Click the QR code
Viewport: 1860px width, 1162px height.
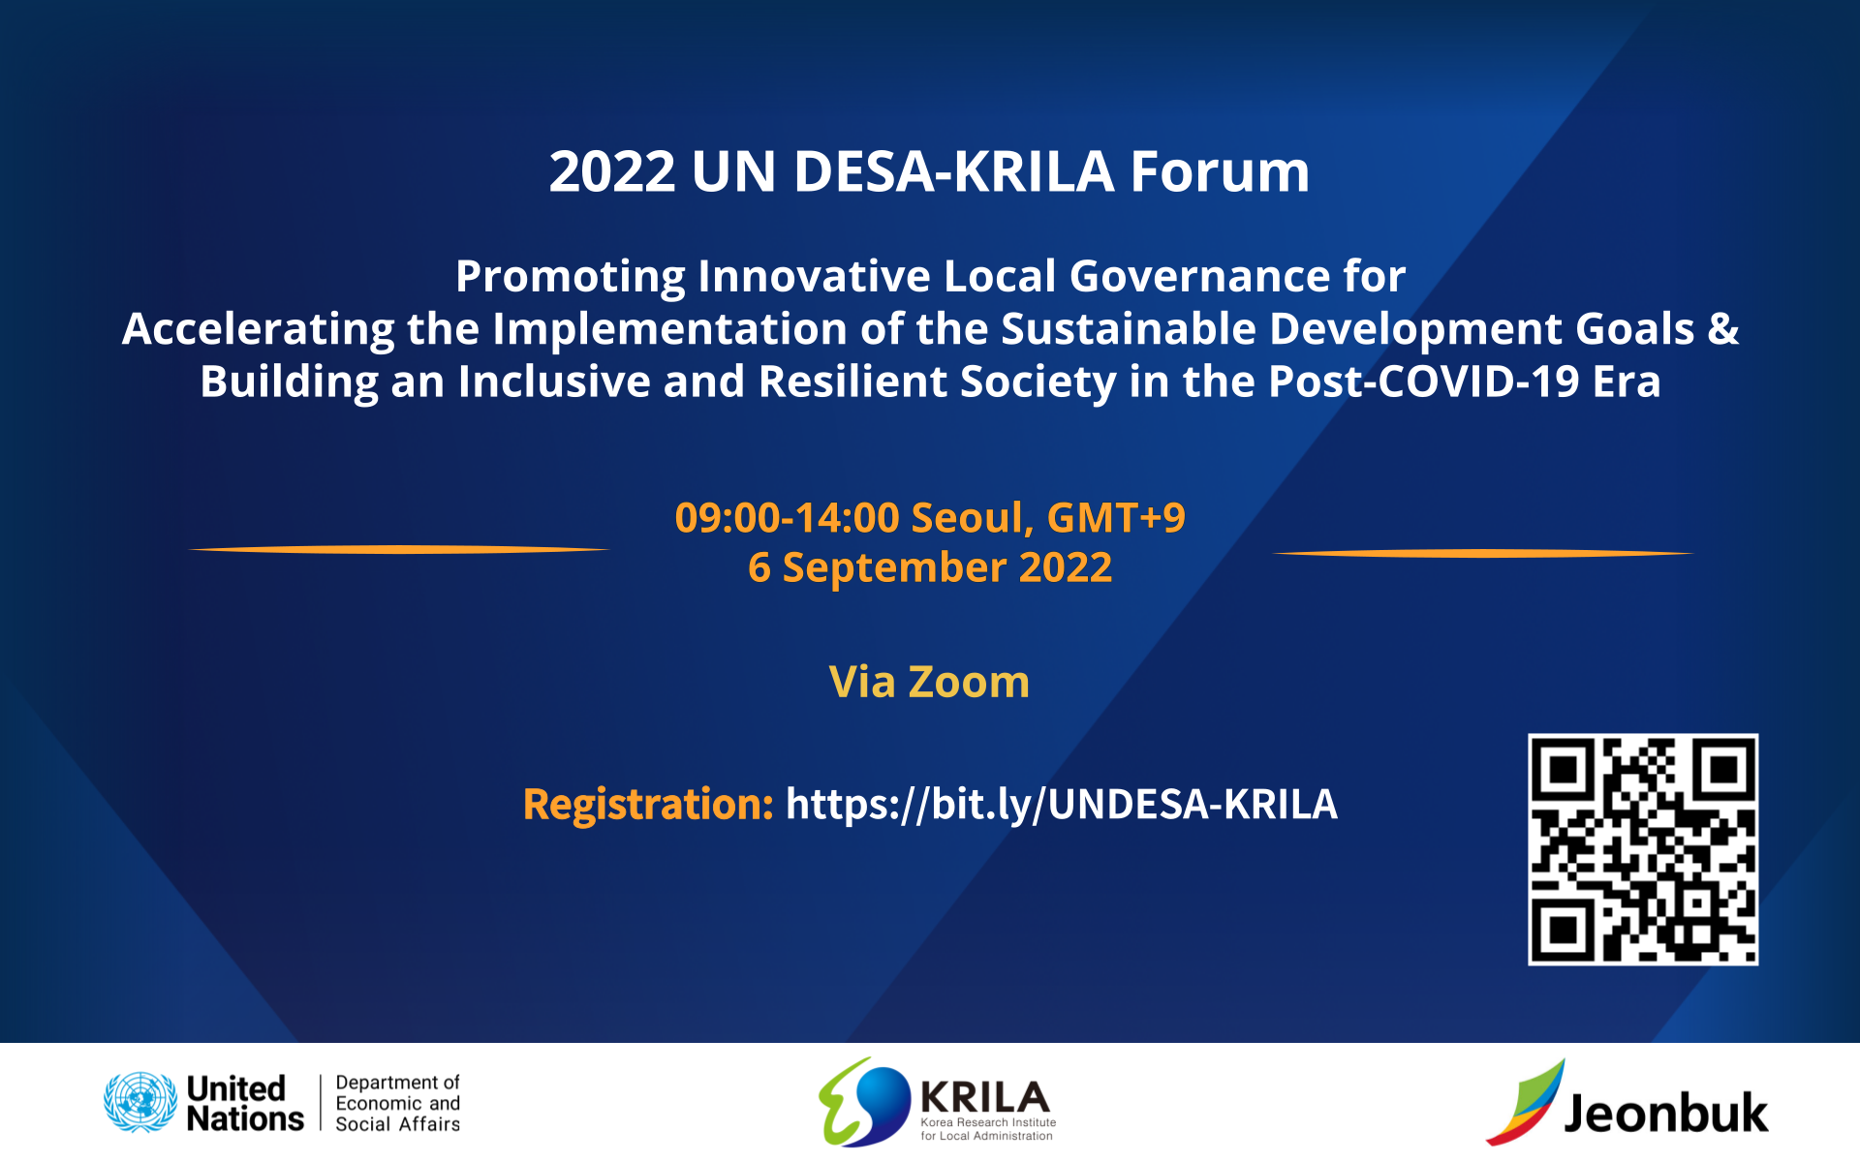[1643, 849]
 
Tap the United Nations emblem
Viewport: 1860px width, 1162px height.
[140, 1102]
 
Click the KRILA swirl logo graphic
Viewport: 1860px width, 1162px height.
[864, 1102]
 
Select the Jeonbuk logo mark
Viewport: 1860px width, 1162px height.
[1525, 1102]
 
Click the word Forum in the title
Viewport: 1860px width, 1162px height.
[1220, 171]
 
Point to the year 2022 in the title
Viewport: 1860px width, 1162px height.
[612, 172]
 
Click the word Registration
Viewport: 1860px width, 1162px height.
[648, 805]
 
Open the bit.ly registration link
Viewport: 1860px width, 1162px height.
[1062, 805]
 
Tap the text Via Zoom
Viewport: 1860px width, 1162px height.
[929, 682]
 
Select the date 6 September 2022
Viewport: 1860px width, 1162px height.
[930, 567]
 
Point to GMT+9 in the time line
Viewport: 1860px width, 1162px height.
[1116, 518]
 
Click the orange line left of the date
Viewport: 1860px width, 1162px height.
[399, 550]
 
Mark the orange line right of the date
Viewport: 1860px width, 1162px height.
[1482, 554]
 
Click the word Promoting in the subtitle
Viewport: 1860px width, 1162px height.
[571, 278]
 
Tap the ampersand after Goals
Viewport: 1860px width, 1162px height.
[1723, 329]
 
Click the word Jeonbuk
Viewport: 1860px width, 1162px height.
[1666, 1113]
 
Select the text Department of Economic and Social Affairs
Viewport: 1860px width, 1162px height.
[398, 1103]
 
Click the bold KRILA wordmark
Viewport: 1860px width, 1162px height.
[985, 1097]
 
